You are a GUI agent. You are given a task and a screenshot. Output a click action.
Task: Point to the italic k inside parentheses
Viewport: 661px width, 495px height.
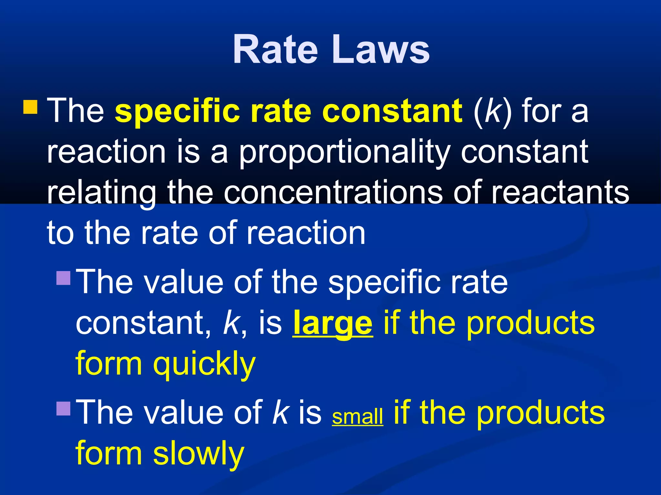pos(492,111)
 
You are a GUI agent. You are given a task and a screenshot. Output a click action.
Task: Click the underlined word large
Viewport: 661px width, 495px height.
pos(333,324)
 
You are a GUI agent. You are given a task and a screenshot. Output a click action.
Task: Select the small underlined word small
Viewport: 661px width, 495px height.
pos(358,416)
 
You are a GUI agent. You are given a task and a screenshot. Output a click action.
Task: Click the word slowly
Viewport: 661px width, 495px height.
pos(198,454)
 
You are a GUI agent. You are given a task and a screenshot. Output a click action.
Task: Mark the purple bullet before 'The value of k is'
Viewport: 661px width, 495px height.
pos(63,408)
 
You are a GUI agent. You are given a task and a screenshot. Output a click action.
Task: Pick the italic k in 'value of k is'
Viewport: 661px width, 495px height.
pos(280,412)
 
